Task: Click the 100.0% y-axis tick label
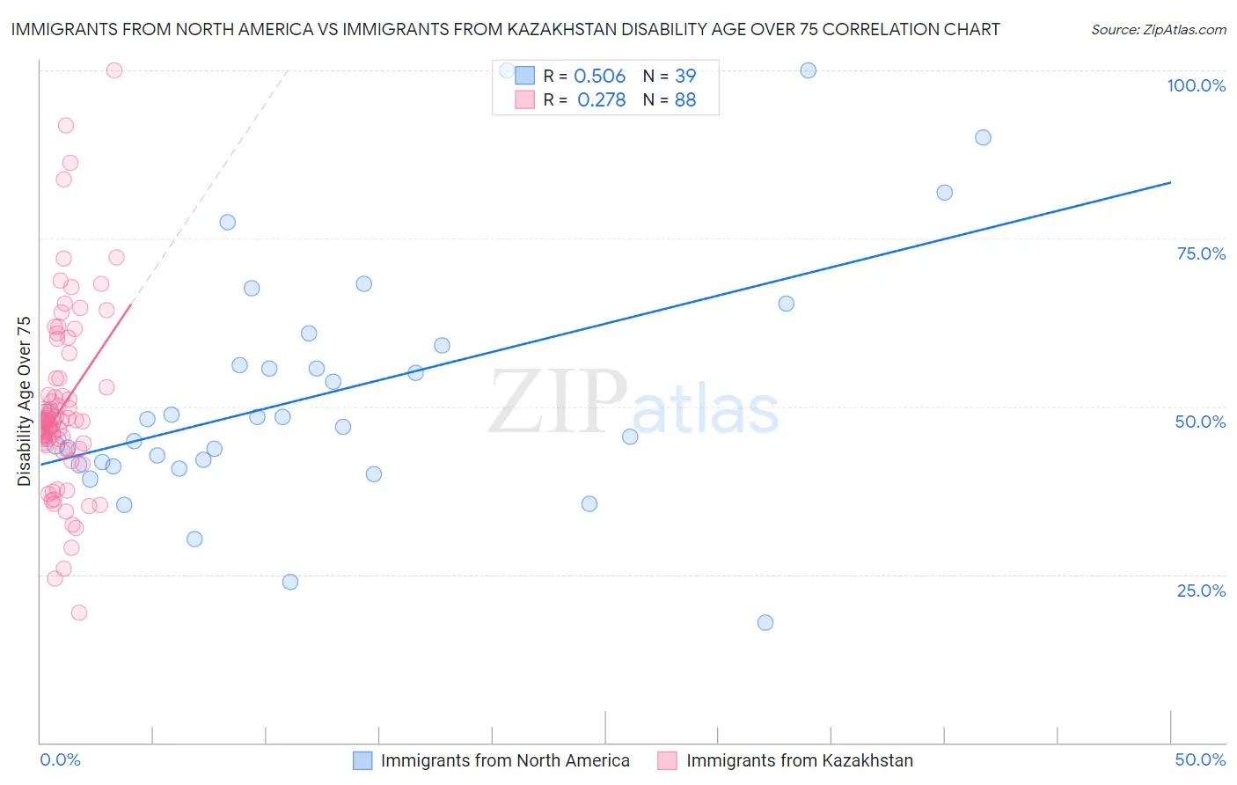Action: pyautogui.click(x=1196, y=85)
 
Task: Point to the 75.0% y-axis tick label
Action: pyautogui.click(x=1201, y=253)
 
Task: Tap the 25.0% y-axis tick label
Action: pyautogui.click(x=1201, y=590)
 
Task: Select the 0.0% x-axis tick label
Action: pyautogui.click(x=60, y=759)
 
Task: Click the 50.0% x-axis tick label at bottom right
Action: pyautogui.click(x=1200, y=759)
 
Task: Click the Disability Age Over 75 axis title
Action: pyautogui.click(x=24, y=400)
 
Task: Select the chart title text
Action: pyautogui.click(x=505, y=29)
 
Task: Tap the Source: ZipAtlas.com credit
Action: pyautogui.click(x=1158, y=29)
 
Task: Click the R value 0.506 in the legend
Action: pyautogui.click(x=599, y=77)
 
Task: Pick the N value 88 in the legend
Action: pyautogui.click(x=685, y=100)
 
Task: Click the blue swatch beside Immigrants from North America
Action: pyautogui.click(x=362, y=760)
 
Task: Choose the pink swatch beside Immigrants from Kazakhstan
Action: pyautogui.click(x=668, y=760)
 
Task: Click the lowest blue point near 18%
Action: pyautogui.click(x=765, y=622)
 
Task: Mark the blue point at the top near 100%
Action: pyautogui.click(x=808, y=70)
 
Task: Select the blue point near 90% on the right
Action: pyautogui.click(x=983, y=137)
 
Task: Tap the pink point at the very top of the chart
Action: pyautogui.click(x=114, y=70)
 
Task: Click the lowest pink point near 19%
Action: pyautogui.click(x=79, y=613)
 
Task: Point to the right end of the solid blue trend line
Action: pyautogui.click(x=1170, y=182)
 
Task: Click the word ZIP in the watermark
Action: pyautogui.click(x=558, y=402)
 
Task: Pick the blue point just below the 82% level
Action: pyautogui.click(x=944, y=193)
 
